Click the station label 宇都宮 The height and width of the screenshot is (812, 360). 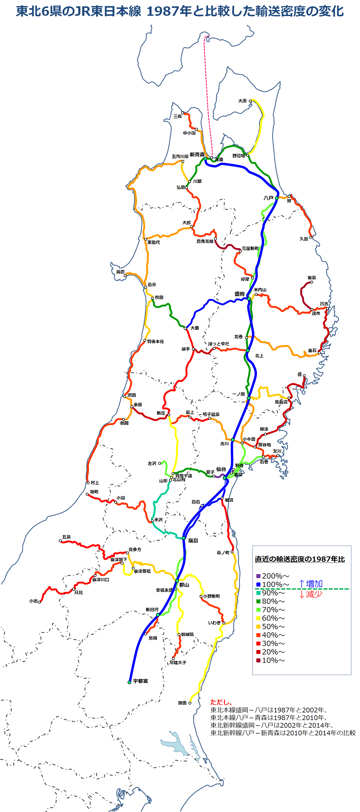pos(140,681)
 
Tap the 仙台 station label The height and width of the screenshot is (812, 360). pos(221,469)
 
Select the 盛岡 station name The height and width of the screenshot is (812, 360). pos(239,294)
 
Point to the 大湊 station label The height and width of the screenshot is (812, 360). pos(242,101)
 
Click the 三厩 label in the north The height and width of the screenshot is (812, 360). pos(177,116)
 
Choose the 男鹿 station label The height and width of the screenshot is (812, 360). pos(120,272)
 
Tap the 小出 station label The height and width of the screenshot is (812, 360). pos(33,601)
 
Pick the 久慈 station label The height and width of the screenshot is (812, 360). pos(304,239)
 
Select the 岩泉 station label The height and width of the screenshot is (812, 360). pos(312,278)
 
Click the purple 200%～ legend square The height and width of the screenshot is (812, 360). pos(258,576)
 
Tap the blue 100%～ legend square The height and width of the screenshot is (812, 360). pos(258,584)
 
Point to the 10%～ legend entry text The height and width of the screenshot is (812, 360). pos(273,661)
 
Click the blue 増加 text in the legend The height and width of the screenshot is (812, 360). pos(314,584)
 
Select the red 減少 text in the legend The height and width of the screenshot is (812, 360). pos(314,594)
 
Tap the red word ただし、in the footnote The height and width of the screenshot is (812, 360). pos(221,702)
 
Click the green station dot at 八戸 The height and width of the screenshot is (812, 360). pos(276,198)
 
